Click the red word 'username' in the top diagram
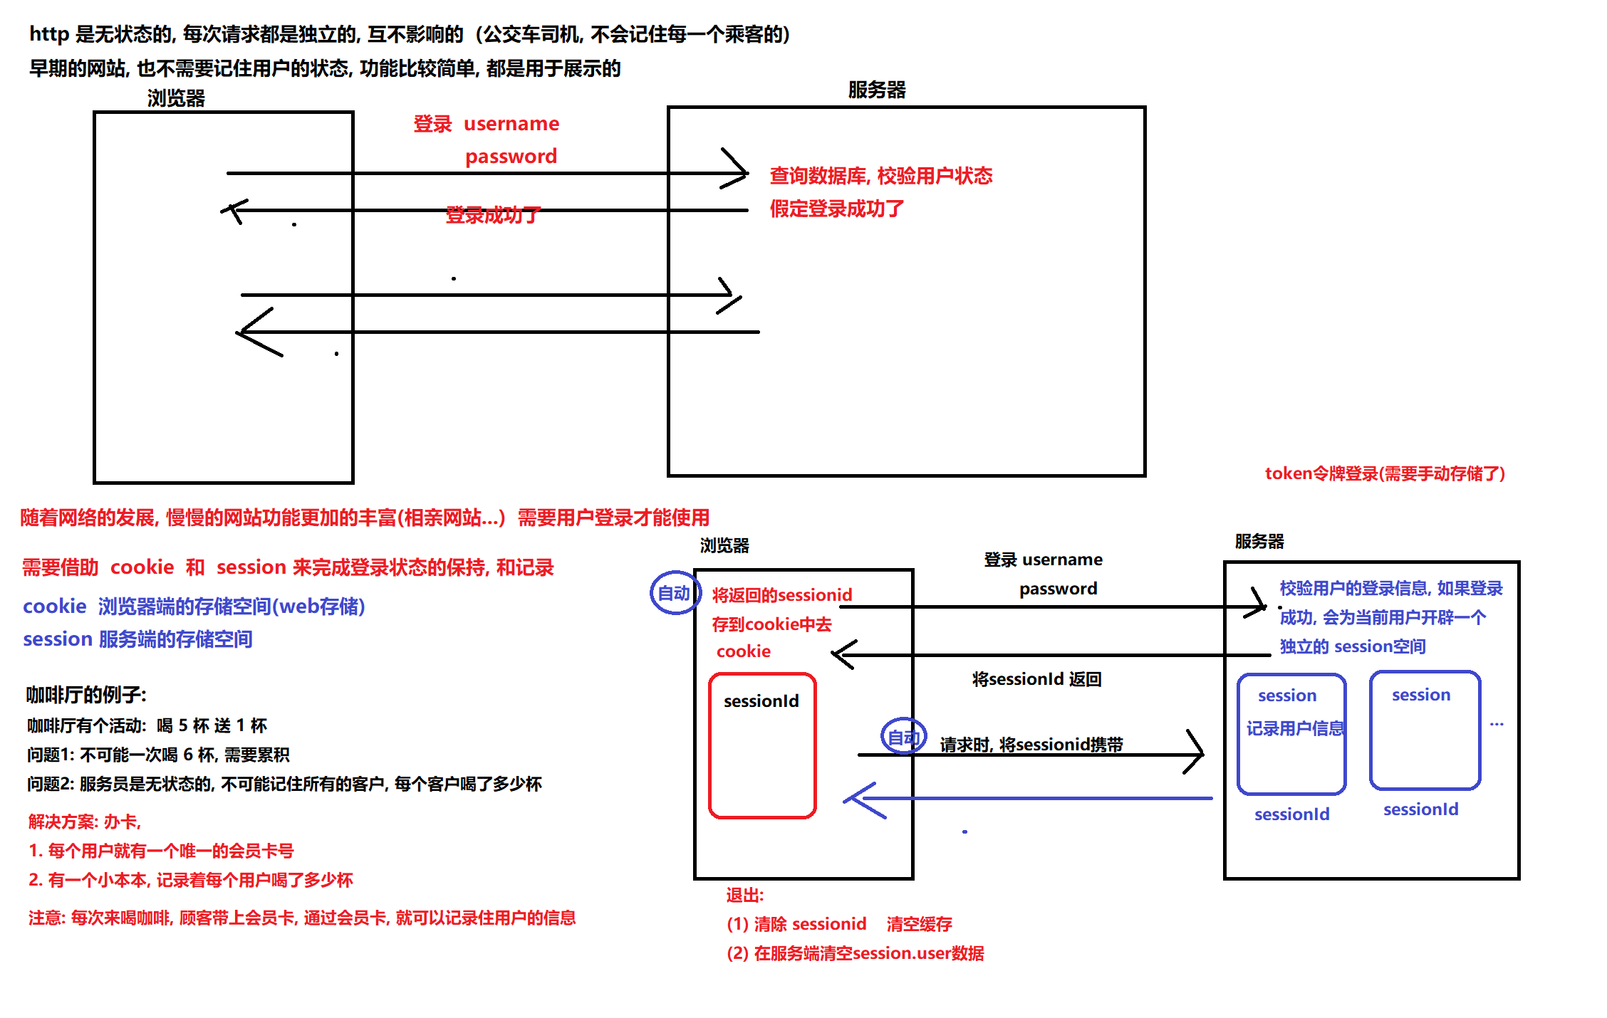[511, 124]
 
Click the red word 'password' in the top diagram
[511, 157]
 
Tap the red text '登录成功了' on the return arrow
[493, 214]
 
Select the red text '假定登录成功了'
[837, 209]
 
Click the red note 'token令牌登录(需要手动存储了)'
[1385, 473]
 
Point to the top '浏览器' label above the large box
[176, 98]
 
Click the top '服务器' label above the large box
[877, 90]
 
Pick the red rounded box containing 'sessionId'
[762, 745]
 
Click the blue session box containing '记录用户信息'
[1291, 734]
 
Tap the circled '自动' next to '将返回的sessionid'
[673, 593]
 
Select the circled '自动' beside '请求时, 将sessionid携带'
[903, 737]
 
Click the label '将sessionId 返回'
[1036, 679]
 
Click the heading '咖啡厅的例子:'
[86, 694]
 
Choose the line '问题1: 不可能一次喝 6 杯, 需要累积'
[158, 755]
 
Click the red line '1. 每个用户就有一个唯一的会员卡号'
[161, 851]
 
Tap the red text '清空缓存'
[919, 924]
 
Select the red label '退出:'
[744, 895]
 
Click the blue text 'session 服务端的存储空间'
[137, 639]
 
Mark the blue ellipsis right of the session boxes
[1497, 724]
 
